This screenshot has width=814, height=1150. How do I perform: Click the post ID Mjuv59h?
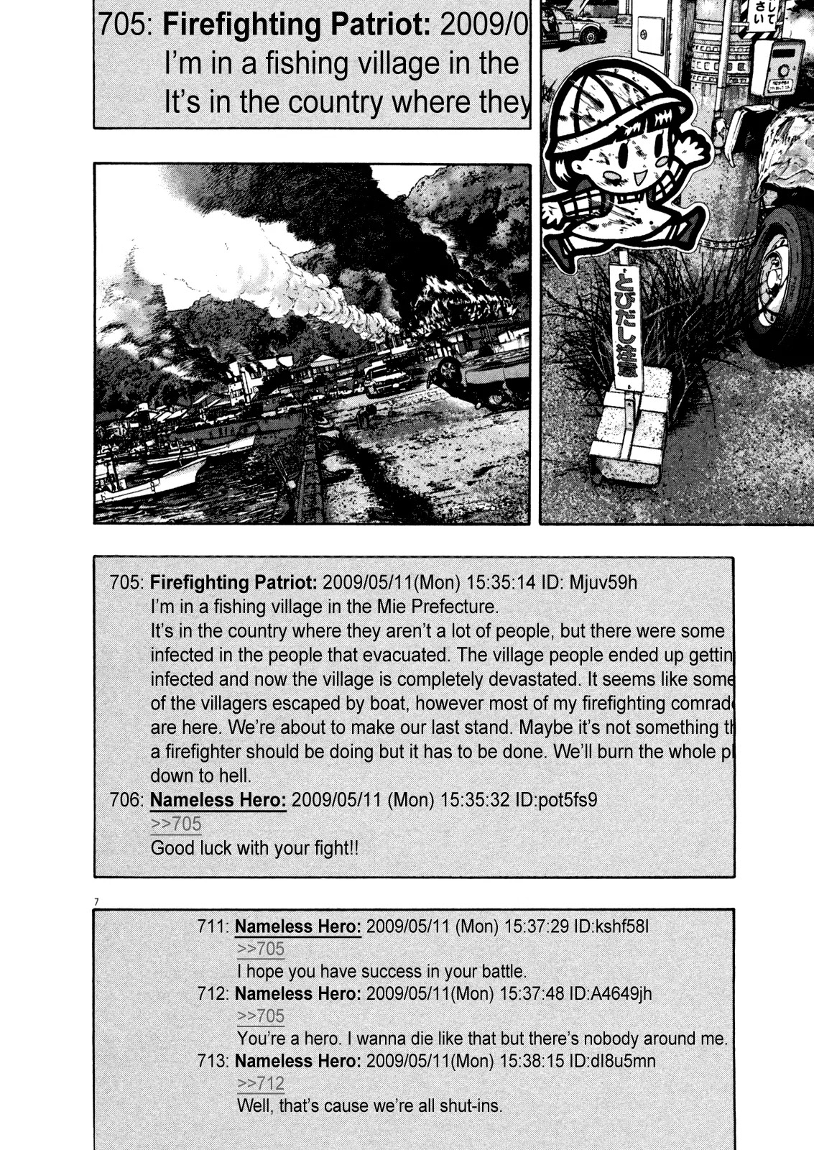(x=603, y=582)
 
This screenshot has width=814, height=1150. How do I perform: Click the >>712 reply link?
(x=261, y=1083)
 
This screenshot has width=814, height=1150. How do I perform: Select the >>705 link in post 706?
(x=176, y=824)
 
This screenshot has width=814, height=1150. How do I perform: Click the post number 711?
(x=213, y=926)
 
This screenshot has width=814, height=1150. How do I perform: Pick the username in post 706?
(x=218, y=800)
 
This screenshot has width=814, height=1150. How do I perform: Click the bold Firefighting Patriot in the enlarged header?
(x=296, y=25)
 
